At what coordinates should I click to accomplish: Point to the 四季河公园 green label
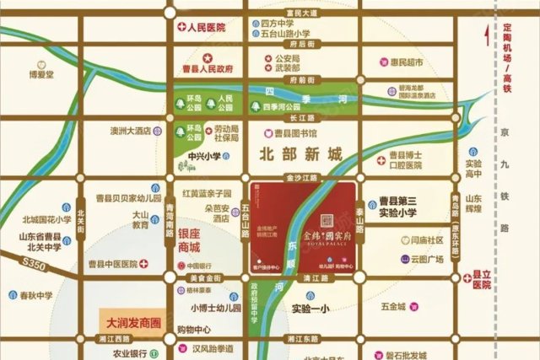click(281, 107)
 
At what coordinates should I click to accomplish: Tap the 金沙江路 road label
click(300, 180)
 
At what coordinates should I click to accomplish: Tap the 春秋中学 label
click(36, 295)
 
